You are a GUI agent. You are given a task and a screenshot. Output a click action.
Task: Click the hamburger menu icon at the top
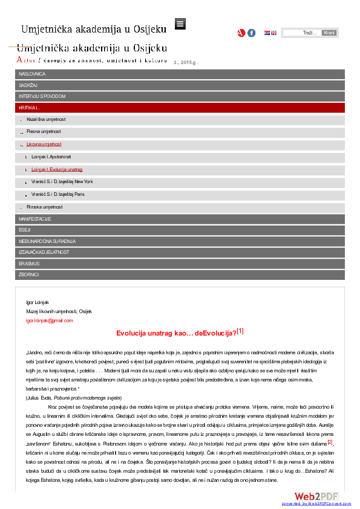pyautogui.click(x=180, y=24)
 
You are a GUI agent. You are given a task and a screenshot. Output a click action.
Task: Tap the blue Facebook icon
pyautogui.click(x=252, y=33)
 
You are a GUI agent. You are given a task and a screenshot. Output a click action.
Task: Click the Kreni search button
pyautogui.click(x=329, y=33)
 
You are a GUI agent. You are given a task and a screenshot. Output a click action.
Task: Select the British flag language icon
pyautogui.click(x=273, y=33)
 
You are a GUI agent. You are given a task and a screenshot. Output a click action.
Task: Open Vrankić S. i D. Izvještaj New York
pyautogui.click(x=62, y=181)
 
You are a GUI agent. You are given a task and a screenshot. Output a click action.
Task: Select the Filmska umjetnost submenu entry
pyautogui.click(x=45, y=207)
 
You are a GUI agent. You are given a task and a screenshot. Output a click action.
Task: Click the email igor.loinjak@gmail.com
pyautogui.click(x=49, y=320)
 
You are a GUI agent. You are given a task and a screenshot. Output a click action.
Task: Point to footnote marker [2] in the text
pyautogui.click(x=330, y=443)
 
